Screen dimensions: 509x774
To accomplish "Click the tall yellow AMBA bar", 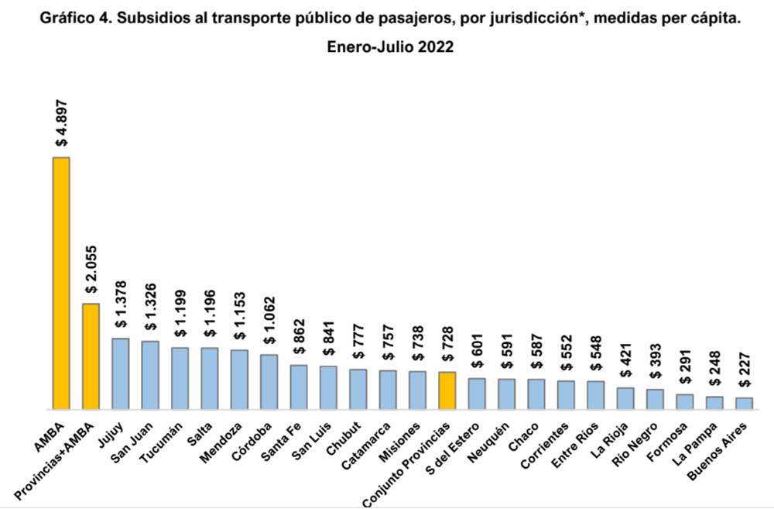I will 61,283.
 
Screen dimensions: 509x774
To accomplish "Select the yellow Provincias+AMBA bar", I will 91,356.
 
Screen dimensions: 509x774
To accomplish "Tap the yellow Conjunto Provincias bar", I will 447,390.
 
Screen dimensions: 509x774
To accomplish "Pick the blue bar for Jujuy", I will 121,373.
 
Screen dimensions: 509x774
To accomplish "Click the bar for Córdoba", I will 269,381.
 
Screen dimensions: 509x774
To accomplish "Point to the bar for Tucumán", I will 180,377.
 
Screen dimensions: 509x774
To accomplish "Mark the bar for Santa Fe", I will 299,387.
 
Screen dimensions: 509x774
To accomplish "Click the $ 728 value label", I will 447,344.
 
